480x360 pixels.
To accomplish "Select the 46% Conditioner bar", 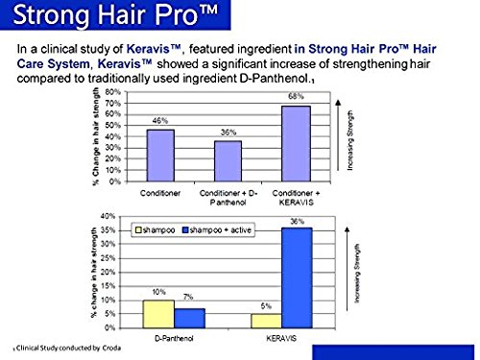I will tap(160, 156).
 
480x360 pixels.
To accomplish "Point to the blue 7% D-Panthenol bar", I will tap(189, 318).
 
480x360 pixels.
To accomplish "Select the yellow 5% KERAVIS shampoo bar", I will tap(272, 320).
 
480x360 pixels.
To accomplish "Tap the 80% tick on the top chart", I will tap(124, 91).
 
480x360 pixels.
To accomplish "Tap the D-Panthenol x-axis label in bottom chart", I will tap(175, 338).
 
